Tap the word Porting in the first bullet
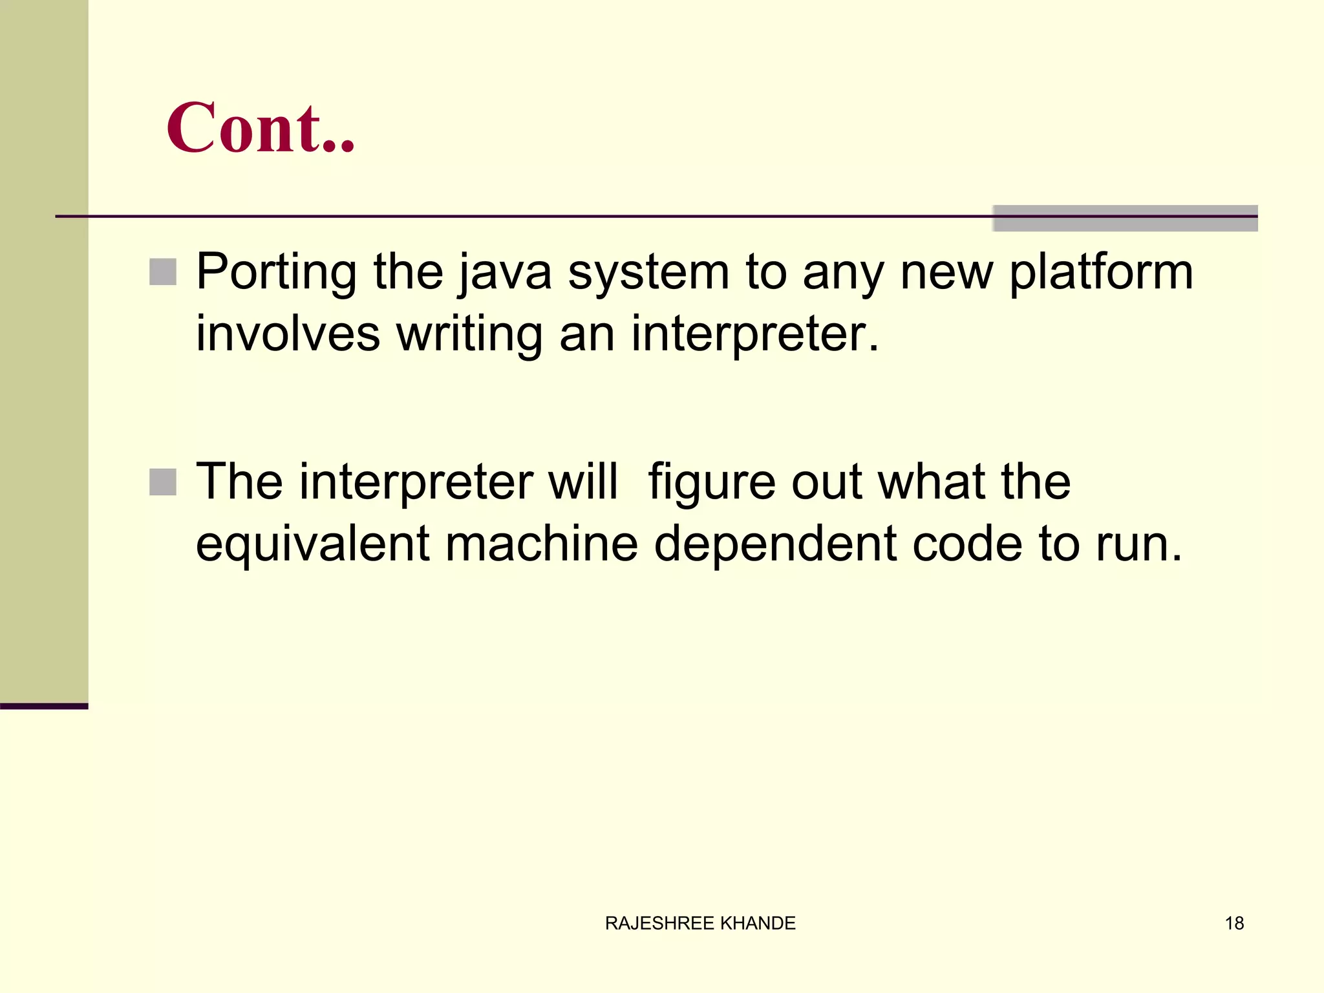tap(276, 272)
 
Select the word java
tap(506, 272)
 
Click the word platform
tap(1101, 272)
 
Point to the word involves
tap(288, 334)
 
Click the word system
tap(648, 272)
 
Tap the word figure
tap(711, 482)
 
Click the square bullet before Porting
tap(163, 272)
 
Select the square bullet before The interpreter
tap(163, 482)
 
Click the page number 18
tap(1234, 923)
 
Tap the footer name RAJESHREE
tap(659, 923)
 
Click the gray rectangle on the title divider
tap(1125, 219)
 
